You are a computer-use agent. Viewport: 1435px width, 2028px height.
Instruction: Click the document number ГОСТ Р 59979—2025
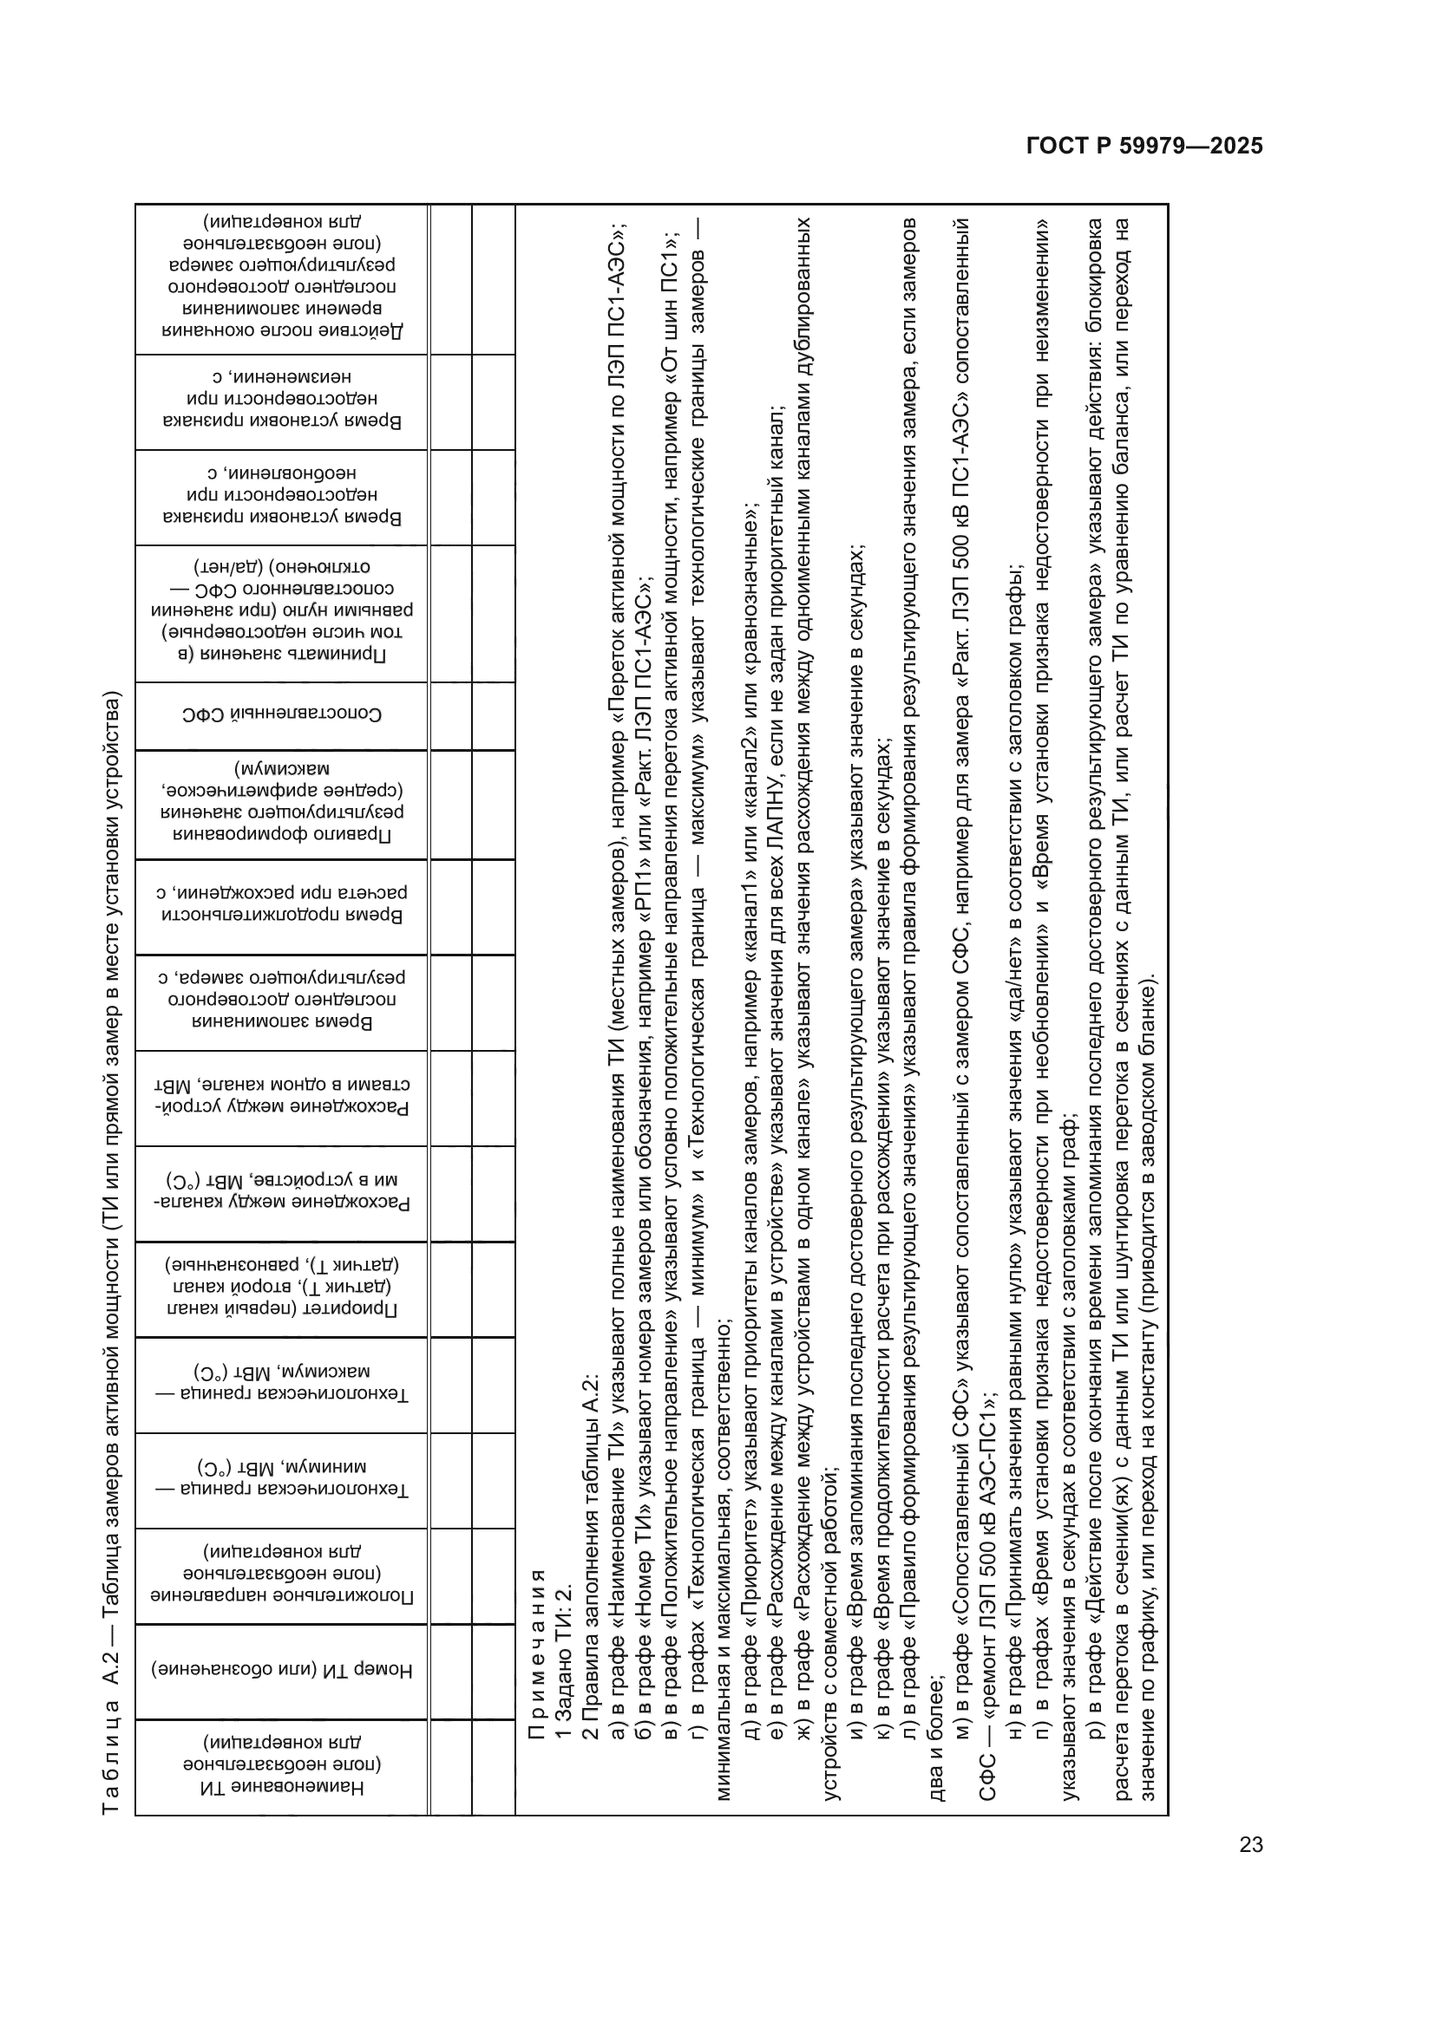[x=1143, y=146]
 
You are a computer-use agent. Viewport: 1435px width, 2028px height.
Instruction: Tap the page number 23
[x=1250, y=1844]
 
